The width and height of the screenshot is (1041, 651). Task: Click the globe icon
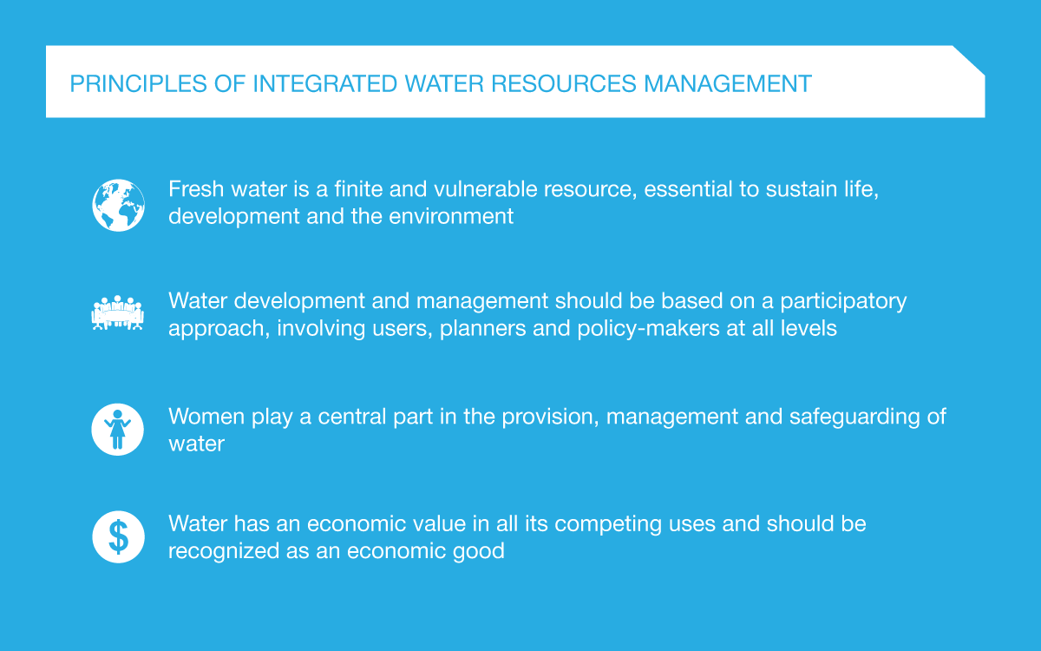(118, 205)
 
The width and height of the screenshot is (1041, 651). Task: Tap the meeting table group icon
(118, 312)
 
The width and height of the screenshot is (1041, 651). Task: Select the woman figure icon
(118, 429)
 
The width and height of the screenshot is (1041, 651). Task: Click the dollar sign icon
(118, 536)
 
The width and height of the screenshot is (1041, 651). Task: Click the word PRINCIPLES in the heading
(138, 84)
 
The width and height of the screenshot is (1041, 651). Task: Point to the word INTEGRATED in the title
(324, 84)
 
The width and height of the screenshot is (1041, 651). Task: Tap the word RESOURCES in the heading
(563, 84)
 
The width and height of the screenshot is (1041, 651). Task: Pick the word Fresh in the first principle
(196, 189)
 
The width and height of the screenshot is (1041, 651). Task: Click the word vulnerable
(485, 189)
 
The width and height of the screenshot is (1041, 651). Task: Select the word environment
(451, 217)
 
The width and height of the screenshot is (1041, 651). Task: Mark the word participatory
(843, 302)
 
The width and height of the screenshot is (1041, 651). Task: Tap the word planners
(482, 329)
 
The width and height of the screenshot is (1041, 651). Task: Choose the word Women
(206, 416)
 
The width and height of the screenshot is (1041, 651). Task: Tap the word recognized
(223, 551)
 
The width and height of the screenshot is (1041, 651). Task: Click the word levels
(809, 329)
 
